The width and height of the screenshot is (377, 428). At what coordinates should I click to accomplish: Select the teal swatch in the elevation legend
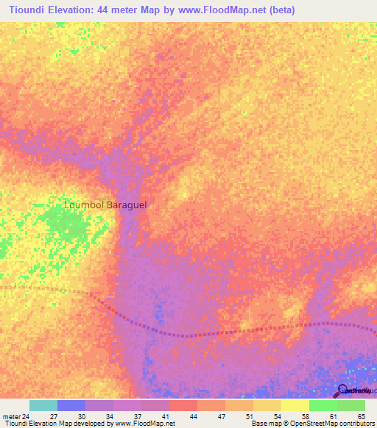[43, 405]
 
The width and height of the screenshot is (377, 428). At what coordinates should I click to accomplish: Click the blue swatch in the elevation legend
[71, 405]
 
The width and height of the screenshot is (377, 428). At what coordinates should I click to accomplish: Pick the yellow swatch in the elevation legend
[295, 405]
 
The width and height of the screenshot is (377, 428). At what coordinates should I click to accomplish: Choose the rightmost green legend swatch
[351, 405]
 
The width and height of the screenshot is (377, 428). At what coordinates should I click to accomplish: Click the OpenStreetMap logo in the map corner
[343, 390]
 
